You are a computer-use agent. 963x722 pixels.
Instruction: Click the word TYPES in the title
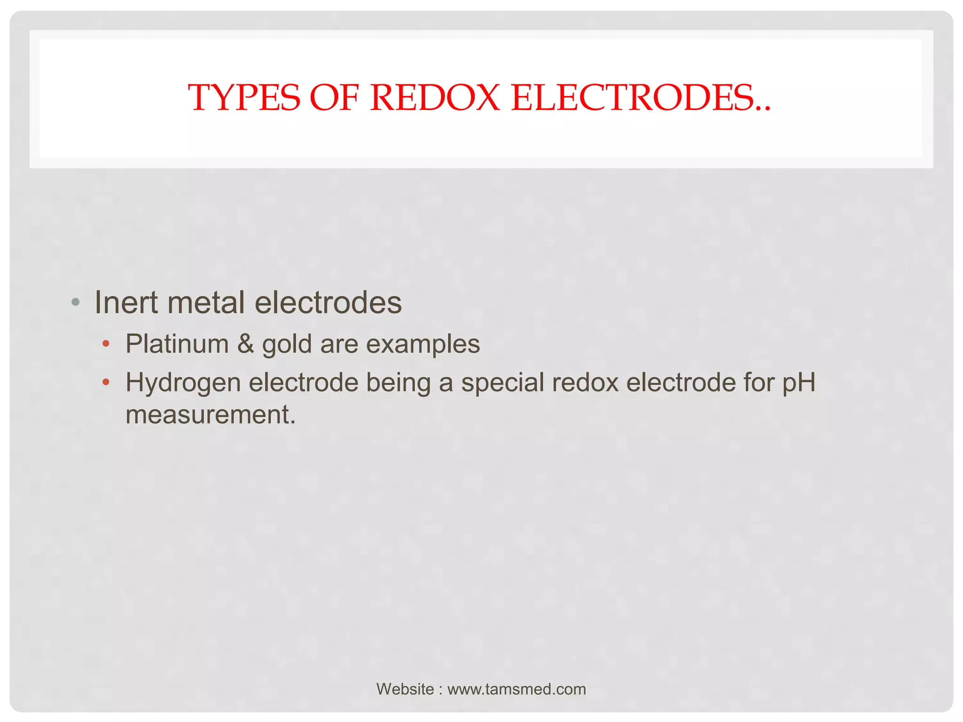tap(244, 98)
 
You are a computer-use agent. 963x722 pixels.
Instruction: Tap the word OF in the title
tap(334, 98)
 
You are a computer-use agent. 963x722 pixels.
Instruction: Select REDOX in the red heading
tap(435, 98)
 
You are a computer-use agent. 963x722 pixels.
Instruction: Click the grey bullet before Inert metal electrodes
tap(75, 302)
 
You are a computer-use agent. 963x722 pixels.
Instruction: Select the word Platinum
tap(177, 344)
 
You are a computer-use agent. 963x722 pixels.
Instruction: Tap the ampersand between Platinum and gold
tap(245, 344)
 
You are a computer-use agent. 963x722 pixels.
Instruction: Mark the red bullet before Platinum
tap(106, 344)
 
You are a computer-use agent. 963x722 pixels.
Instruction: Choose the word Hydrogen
tap(183, 383)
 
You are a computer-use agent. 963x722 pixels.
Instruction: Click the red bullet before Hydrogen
tap(106, 382)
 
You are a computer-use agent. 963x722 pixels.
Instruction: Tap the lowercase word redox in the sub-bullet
tap(585, 382)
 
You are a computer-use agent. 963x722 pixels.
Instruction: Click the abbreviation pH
tap(799, 383)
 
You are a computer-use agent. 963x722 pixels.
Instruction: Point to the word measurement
tap(210, 415)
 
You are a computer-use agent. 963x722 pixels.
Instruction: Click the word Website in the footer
tap(405, 689)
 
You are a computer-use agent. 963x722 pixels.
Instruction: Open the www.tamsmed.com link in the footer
tap(516, 689)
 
